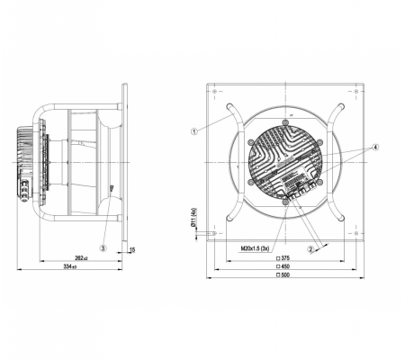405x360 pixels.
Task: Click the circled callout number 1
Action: click(x=194, y=131)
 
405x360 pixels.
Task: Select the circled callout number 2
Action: click(x=310, y=249)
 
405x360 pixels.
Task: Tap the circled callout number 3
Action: click(x=103, y=248)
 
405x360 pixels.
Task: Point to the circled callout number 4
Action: click(x=375, y=148)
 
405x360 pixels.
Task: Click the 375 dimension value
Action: click(x=285, y=258)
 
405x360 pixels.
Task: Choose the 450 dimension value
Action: click(x=285, y=266)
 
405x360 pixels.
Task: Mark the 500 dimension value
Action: click(x=285, y=274)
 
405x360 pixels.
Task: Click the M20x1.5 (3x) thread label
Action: click(x=255, y=248)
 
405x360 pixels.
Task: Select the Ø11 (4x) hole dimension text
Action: click(x=193, y=217)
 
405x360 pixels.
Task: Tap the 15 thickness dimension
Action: click(x=132, y=250)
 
